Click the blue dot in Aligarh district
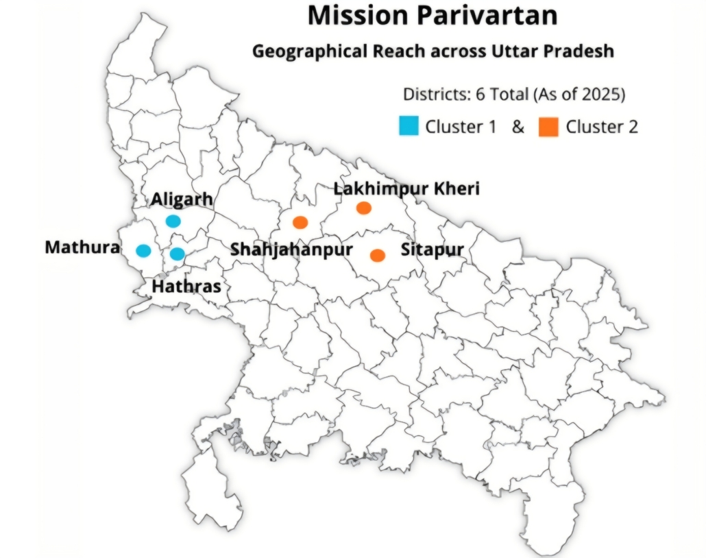tap(173, 221)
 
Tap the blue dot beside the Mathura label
tap(143, 250)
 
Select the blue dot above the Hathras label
tap(177, 254)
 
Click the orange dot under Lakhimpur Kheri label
tap(363, 208)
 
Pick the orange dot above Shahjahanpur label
tap(300, 222)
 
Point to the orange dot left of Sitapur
tap(377, 255)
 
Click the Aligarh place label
tap(182, 199)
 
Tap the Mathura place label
tap(82, 247)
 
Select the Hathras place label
tap(186, 286)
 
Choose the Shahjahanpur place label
tap(291, 250)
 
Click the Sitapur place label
tap(432, 250)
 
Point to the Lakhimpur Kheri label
tap(406, 189)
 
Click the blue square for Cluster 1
tap(409, 126)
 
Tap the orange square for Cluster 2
tap(548, 126)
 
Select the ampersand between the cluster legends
tap(518, 127)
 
